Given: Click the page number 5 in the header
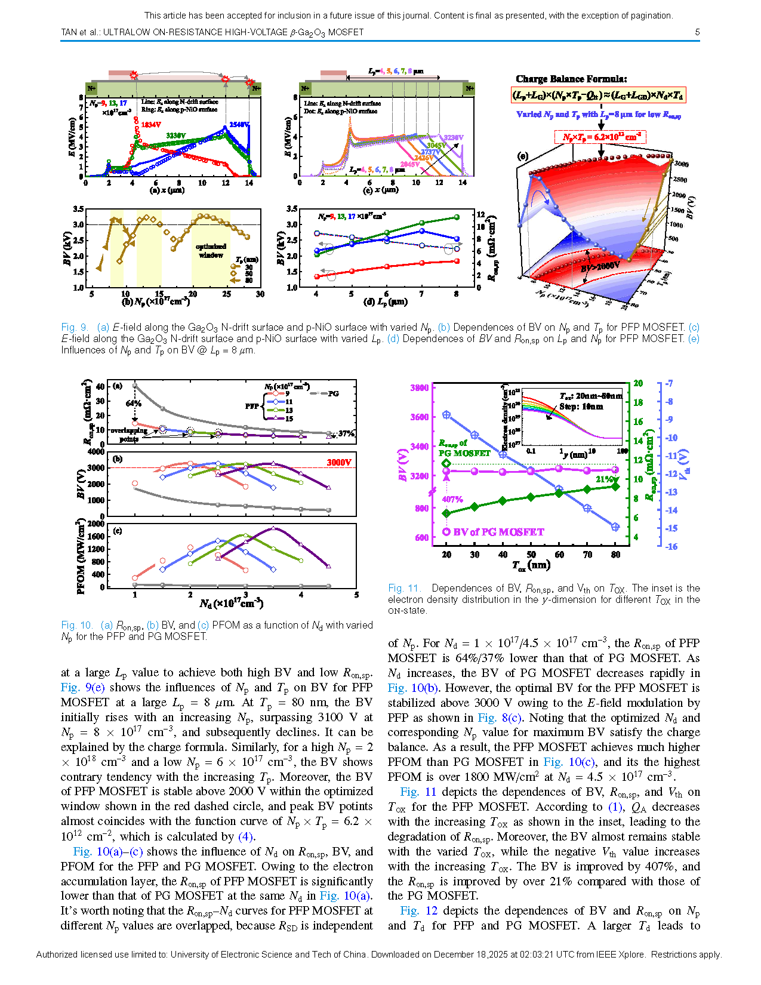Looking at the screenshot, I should (697, 32).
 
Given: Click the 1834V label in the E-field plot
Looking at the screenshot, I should (151, 125).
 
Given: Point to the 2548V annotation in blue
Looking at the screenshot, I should (239, 125).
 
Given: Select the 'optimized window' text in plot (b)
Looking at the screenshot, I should (211, 251).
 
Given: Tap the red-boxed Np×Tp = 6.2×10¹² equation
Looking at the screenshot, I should (600, 137).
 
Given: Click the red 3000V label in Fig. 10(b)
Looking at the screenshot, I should (338, 463).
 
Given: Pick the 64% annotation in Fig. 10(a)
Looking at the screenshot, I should (133, 404).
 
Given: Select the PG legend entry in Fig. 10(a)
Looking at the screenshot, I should (332, 393).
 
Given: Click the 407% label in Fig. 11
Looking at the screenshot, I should (452, 500).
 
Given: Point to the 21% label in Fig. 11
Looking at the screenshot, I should (604, 479).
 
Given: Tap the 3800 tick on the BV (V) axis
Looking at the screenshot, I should (419, 387).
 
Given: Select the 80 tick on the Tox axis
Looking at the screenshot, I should (615, 555).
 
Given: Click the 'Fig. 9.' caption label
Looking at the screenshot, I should (75, 327).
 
